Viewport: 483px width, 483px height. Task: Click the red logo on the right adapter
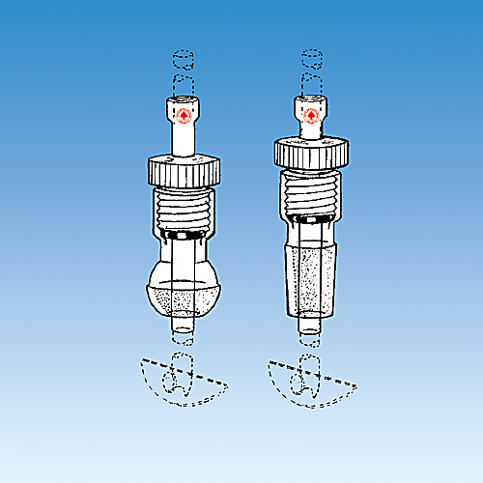point(311,116)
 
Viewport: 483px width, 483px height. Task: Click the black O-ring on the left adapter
point(183,235)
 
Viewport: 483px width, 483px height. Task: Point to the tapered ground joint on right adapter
point(311,280)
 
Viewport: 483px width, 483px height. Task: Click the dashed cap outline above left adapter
point(183,69)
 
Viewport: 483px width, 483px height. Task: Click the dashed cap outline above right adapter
point(311,65)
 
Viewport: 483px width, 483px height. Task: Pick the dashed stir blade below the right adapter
point(311,379)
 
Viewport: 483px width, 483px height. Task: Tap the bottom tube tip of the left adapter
point(183,328)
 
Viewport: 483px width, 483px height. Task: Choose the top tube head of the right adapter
point(311,108)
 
